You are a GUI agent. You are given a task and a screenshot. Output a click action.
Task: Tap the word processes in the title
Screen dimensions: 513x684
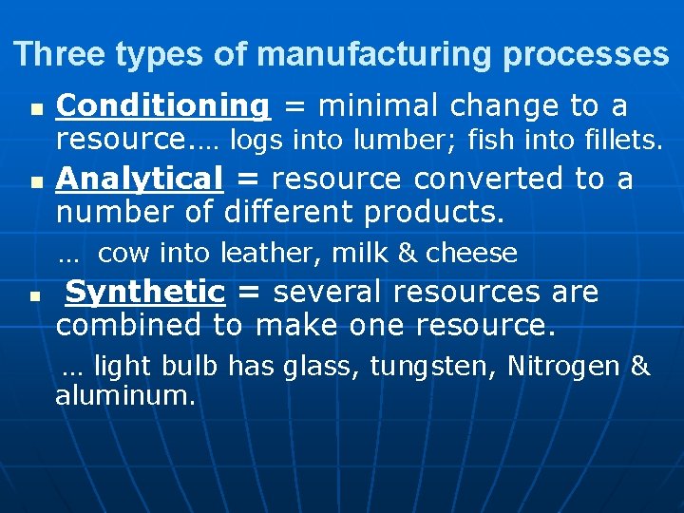pos(586,54)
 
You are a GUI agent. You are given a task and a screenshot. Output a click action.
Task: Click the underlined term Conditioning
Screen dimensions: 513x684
pos(162,104)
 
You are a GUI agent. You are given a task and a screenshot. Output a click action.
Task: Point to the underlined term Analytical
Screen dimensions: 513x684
pos(140,179)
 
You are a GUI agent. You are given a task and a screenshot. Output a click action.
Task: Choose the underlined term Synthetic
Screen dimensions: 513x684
pos(144,292)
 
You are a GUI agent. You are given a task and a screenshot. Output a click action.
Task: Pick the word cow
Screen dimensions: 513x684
pos(119,254)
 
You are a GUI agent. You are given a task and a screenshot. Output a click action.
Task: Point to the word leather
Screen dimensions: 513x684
pos(260,254)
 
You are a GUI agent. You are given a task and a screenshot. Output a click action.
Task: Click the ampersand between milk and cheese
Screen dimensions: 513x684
pos(408,254)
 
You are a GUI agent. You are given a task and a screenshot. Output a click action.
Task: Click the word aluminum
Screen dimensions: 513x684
pos(124,396)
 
